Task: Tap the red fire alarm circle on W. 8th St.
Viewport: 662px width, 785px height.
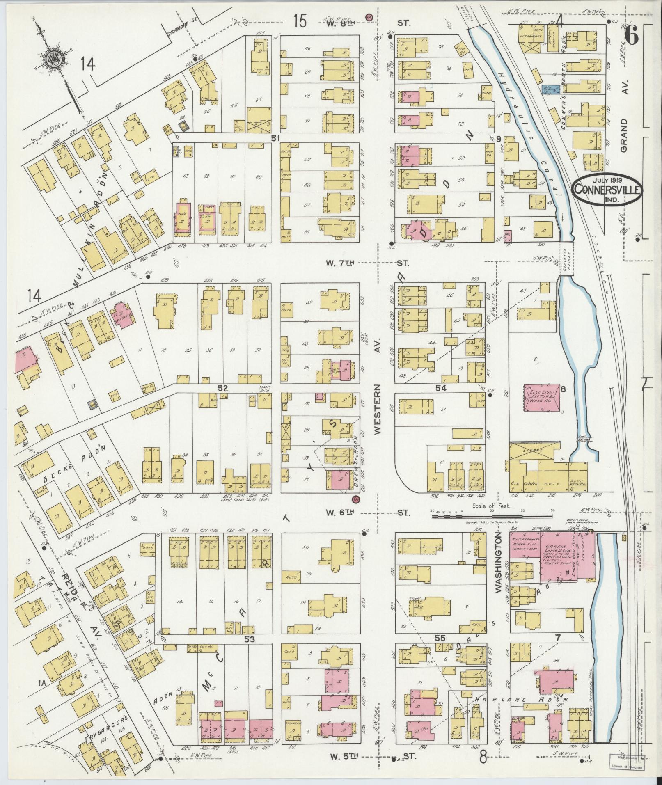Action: click(x=369, y=18)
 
